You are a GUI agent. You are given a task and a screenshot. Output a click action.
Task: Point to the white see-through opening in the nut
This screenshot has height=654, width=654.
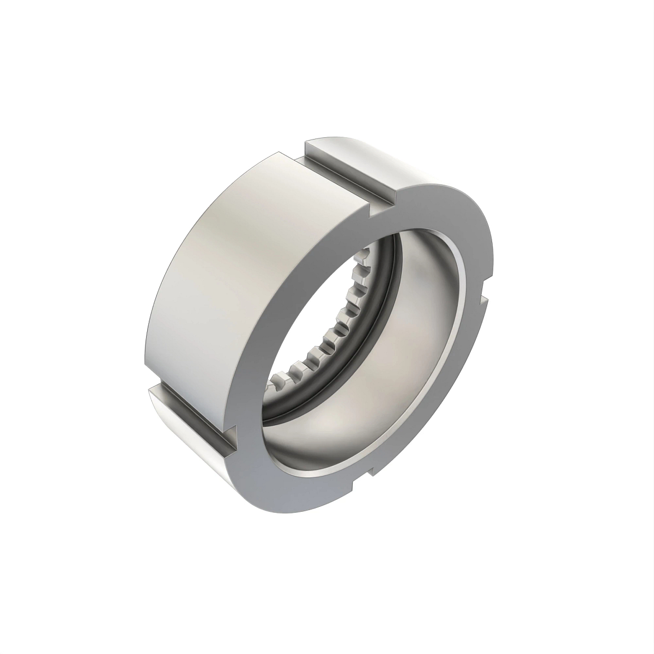coord(316,327)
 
